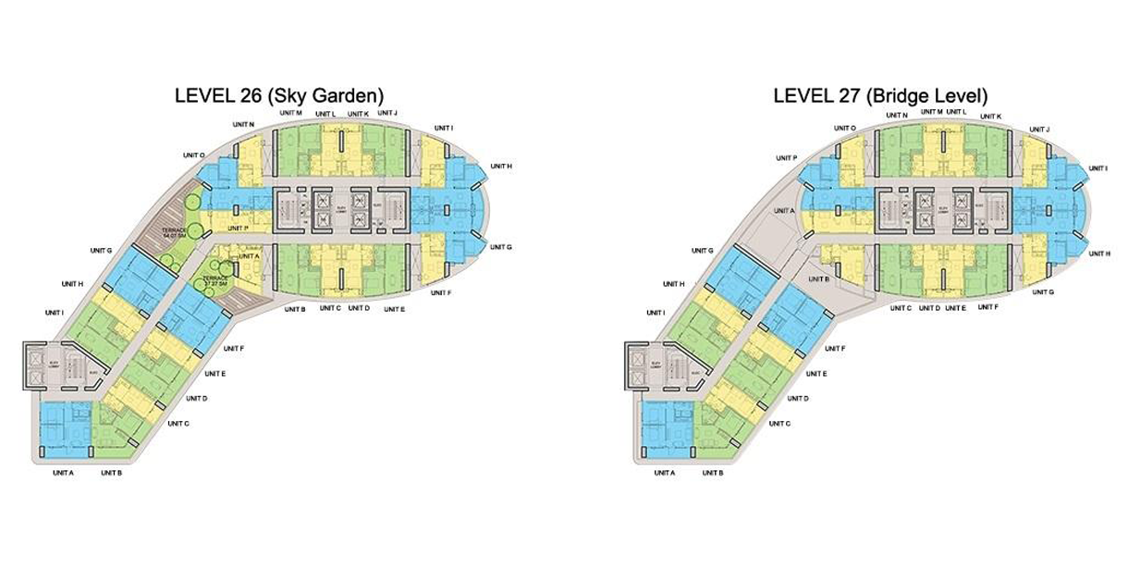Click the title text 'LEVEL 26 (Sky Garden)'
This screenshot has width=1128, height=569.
click(279, 94)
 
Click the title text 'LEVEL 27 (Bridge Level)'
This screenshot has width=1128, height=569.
click(880, 95)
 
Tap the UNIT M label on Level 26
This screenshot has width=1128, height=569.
click(290, 113)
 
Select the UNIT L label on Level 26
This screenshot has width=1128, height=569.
click(325, 114)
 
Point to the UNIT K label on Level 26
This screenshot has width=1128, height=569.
click(358, 114)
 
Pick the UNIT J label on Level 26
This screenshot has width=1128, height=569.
click(387, 113)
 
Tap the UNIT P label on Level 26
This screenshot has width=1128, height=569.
click(238, 228)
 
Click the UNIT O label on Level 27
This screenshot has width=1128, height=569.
click(845, 128)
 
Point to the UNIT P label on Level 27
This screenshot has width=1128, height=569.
click(789, 158)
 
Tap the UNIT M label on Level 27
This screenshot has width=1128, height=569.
click(931, 112)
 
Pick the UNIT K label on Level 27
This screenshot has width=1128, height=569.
click(989, 117)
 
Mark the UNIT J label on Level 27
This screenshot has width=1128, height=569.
click(1039, 129)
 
